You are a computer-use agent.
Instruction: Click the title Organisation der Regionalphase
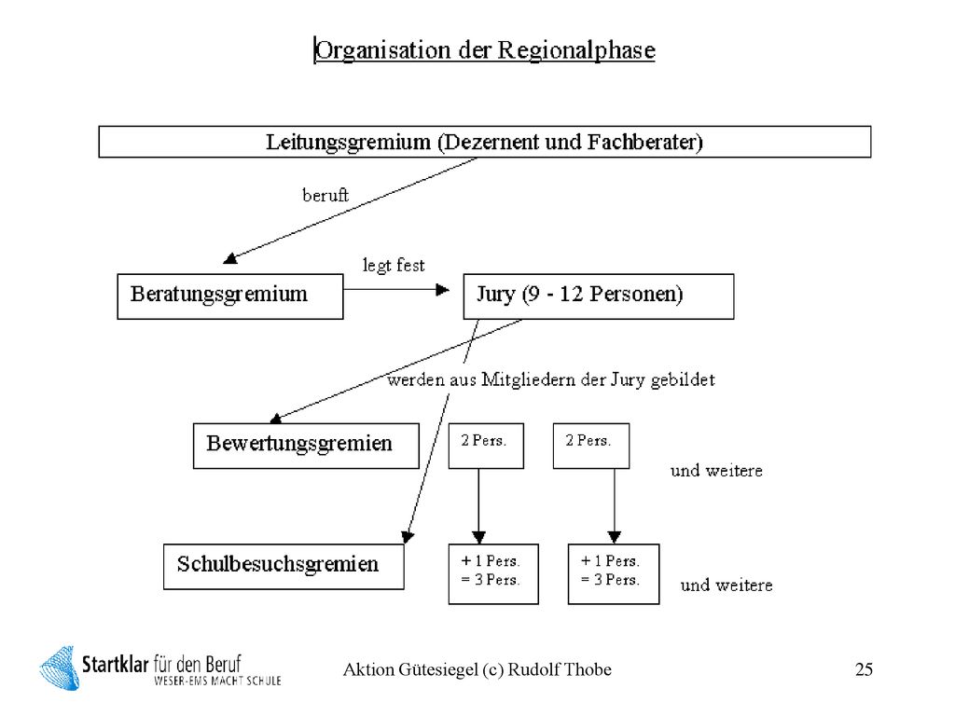pyautogui.click(x=485, y=50)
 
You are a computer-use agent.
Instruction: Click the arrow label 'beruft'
pyautogui.click(x=325, y=196)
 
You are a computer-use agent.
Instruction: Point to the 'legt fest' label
pyautogui.click(x=394, y=266)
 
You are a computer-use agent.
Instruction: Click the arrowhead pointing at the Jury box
pyautogui.click(x=443, y=290)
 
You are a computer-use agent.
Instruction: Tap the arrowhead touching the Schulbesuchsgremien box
pyautogui.click(x=408, y=537)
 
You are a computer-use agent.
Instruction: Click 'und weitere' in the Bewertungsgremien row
pyautogui.click(x=716, y=471)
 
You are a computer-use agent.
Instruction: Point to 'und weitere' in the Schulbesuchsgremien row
pyautogui.click(x=727, y=585)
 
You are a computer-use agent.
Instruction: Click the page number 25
pyautogui.click(x=864, y=669)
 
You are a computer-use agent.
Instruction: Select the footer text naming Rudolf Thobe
pyautogui.click(x=477, y=669)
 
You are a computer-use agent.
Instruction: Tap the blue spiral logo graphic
pyautogui.click(x=60, y=668)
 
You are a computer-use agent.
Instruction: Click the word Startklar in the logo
pyautogui.click(x=115, y=664)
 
